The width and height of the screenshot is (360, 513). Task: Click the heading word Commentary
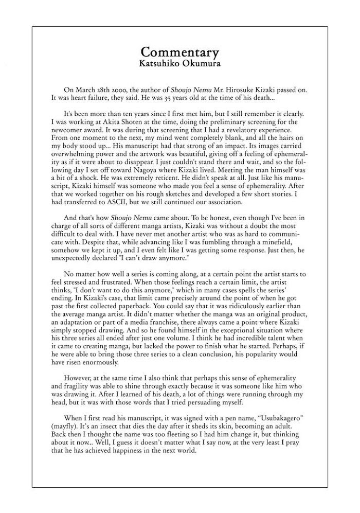(x=179, y=52)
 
